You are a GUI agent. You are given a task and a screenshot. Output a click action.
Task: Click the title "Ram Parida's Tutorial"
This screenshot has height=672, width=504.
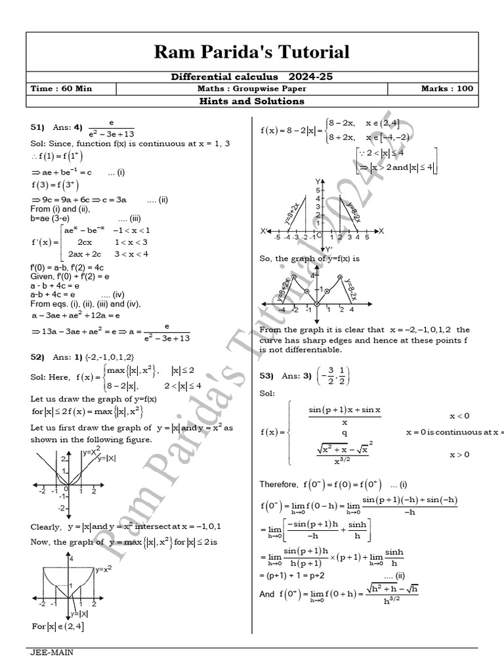[x=251, y=52]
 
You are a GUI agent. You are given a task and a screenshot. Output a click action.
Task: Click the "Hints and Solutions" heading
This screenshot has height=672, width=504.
[x=252, y=101]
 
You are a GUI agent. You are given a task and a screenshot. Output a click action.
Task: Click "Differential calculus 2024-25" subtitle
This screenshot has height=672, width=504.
[x=252, y=77]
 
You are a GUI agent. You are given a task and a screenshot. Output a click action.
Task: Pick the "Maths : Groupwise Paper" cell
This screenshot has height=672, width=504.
[x=251, y=89]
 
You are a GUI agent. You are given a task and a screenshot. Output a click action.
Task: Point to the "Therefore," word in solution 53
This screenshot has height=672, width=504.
[x=278, y=484]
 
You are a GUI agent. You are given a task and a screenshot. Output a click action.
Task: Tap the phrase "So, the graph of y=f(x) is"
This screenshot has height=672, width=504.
[x=310, y=258]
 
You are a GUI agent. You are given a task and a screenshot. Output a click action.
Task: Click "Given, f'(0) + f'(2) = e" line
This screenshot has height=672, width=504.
[x=68, y=278]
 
